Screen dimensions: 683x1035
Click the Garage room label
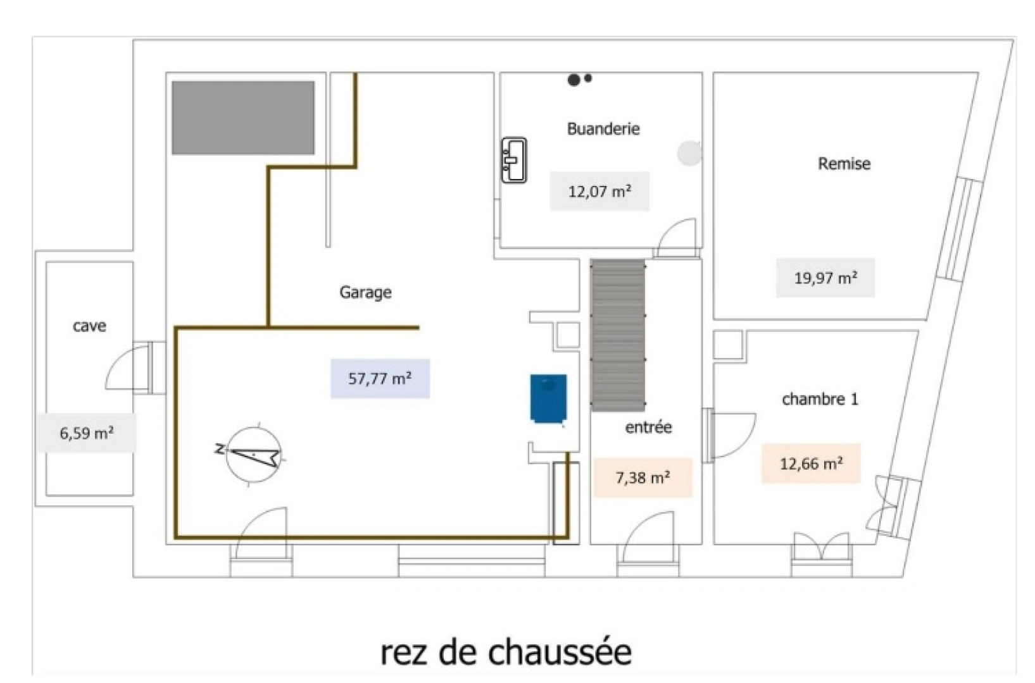click(365, 292)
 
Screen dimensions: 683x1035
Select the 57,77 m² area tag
click(380, 379)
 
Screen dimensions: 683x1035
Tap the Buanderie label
click(603, 129)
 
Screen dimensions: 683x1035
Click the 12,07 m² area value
click(599, 191)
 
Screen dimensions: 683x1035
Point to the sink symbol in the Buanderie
click(514, 161)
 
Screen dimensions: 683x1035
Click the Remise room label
click(844, 164)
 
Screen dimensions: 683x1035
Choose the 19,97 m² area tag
click(825, 278)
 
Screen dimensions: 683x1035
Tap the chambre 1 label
click(820, 399)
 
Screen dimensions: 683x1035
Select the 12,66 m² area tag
click(811, 464)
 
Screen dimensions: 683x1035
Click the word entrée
click(648, 428)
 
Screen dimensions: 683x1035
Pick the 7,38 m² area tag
click(643, 477)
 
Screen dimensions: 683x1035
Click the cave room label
click(89, 326)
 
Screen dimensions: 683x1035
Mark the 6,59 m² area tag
click(86, 433)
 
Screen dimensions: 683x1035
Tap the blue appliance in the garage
click(548, 398)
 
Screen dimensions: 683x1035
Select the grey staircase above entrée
click(618, 335)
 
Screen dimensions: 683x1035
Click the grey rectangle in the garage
click(243, 118)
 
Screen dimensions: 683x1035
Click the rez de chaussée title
click(506, 652)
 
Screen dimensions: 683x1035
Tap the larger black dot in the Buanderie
click(574, 80)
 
